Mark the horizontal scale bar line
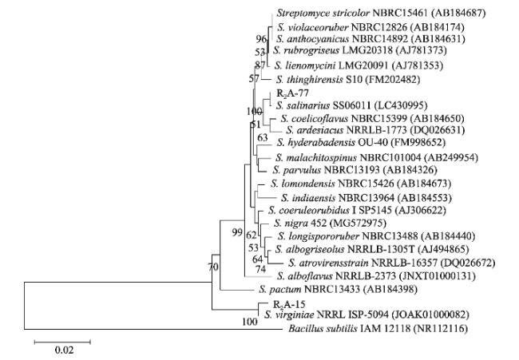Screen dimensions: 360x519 pos(62,341)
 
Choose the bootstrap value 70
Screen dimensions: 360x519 pos(212,267)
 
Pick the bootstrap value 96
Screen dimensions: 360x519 pos(260,39)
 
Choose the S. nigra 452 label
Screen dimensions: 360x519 pos(296,223)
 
